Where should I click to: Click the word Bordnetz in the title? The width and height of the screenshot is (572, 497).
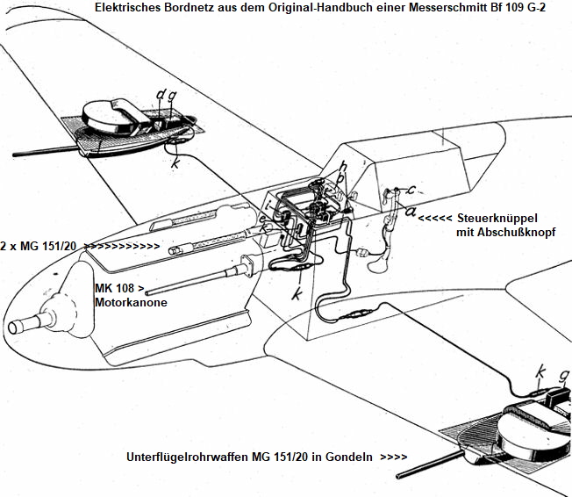[187, 7]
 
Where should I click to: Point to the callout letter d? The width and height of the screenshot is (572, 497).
[161, 94]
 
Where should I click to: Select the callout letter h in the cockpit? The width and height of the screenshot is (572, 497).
[343, 165]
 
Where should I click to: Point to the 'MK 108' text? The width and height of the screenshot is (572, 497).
[118, 289]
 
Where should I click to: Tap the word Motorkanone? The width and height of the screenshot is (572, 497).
[130, 302]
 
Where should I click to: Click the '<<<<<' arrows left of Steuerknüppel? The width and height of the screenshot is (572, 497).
[437, 219]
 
